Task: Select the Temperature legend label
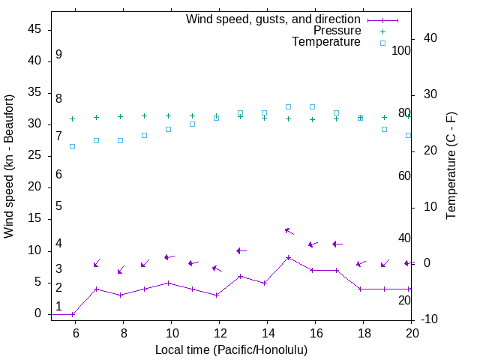(326, 42)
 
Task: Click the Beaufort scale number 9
(58, 55)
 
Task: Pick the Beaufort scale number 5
(58, 206)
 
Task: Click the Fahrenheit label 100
(401, 50)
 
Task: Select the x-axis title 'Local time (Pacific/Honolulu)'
(231, 349)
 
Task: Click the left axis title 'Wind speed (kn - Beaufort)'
(9, 166)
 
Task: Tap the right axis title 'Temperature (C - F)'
(451, 166)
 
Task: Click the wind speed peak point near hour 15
(288, 257)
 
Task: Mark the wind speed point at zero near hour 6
(73, 314)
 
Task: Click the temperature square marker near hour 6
(73, 146)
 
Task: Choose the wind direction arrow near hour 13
(241, 250)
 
